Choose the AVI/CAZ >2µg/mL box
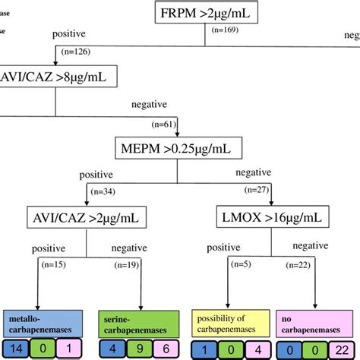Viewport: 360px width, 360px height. click(x=87, y=219)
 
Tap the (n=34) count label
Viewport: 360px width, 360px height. click(x=105, y=193)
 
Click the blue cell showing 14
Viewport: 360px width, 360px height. click(x=17, y=349)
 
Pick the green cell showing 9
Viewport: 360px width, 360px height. click(x=134, y=349)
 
